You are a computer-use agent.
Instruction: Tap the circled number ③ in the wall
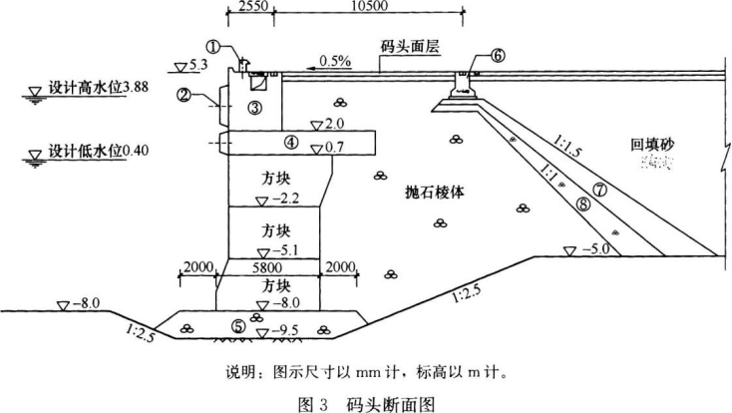(x=256, y=107)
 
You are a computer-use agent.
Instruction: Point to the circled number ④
(x=290, y=143)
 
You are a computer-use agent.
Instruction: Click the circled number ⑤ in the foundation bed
(x=236, y=325)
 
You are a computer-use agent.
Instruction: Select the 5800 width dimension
(x=271, y=267)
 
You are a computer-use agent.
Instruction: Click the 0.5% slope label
(x=334, y=61)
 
